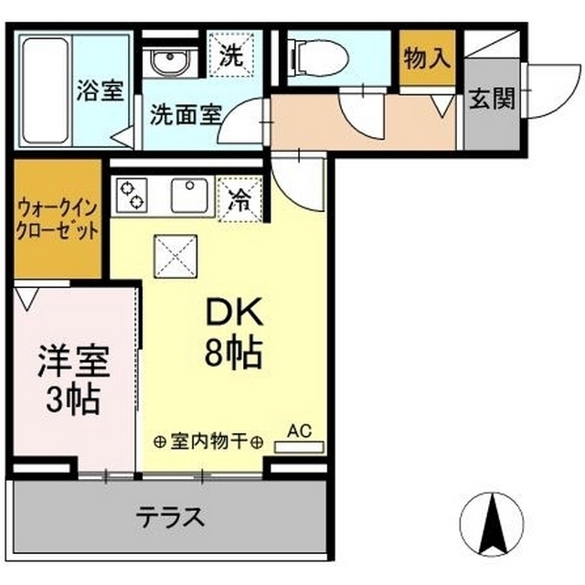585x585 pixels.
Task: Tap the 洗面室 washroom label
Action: pos(186,115)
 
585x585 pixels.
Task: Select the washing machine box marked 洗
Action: pos(229,55)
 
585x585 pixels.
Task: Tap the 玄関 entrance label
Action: pos(492,99)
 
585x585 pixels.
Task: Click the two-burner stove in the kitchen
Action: pos(133,195)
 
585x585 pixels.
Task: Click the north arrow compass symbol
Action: pos(495,523)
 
